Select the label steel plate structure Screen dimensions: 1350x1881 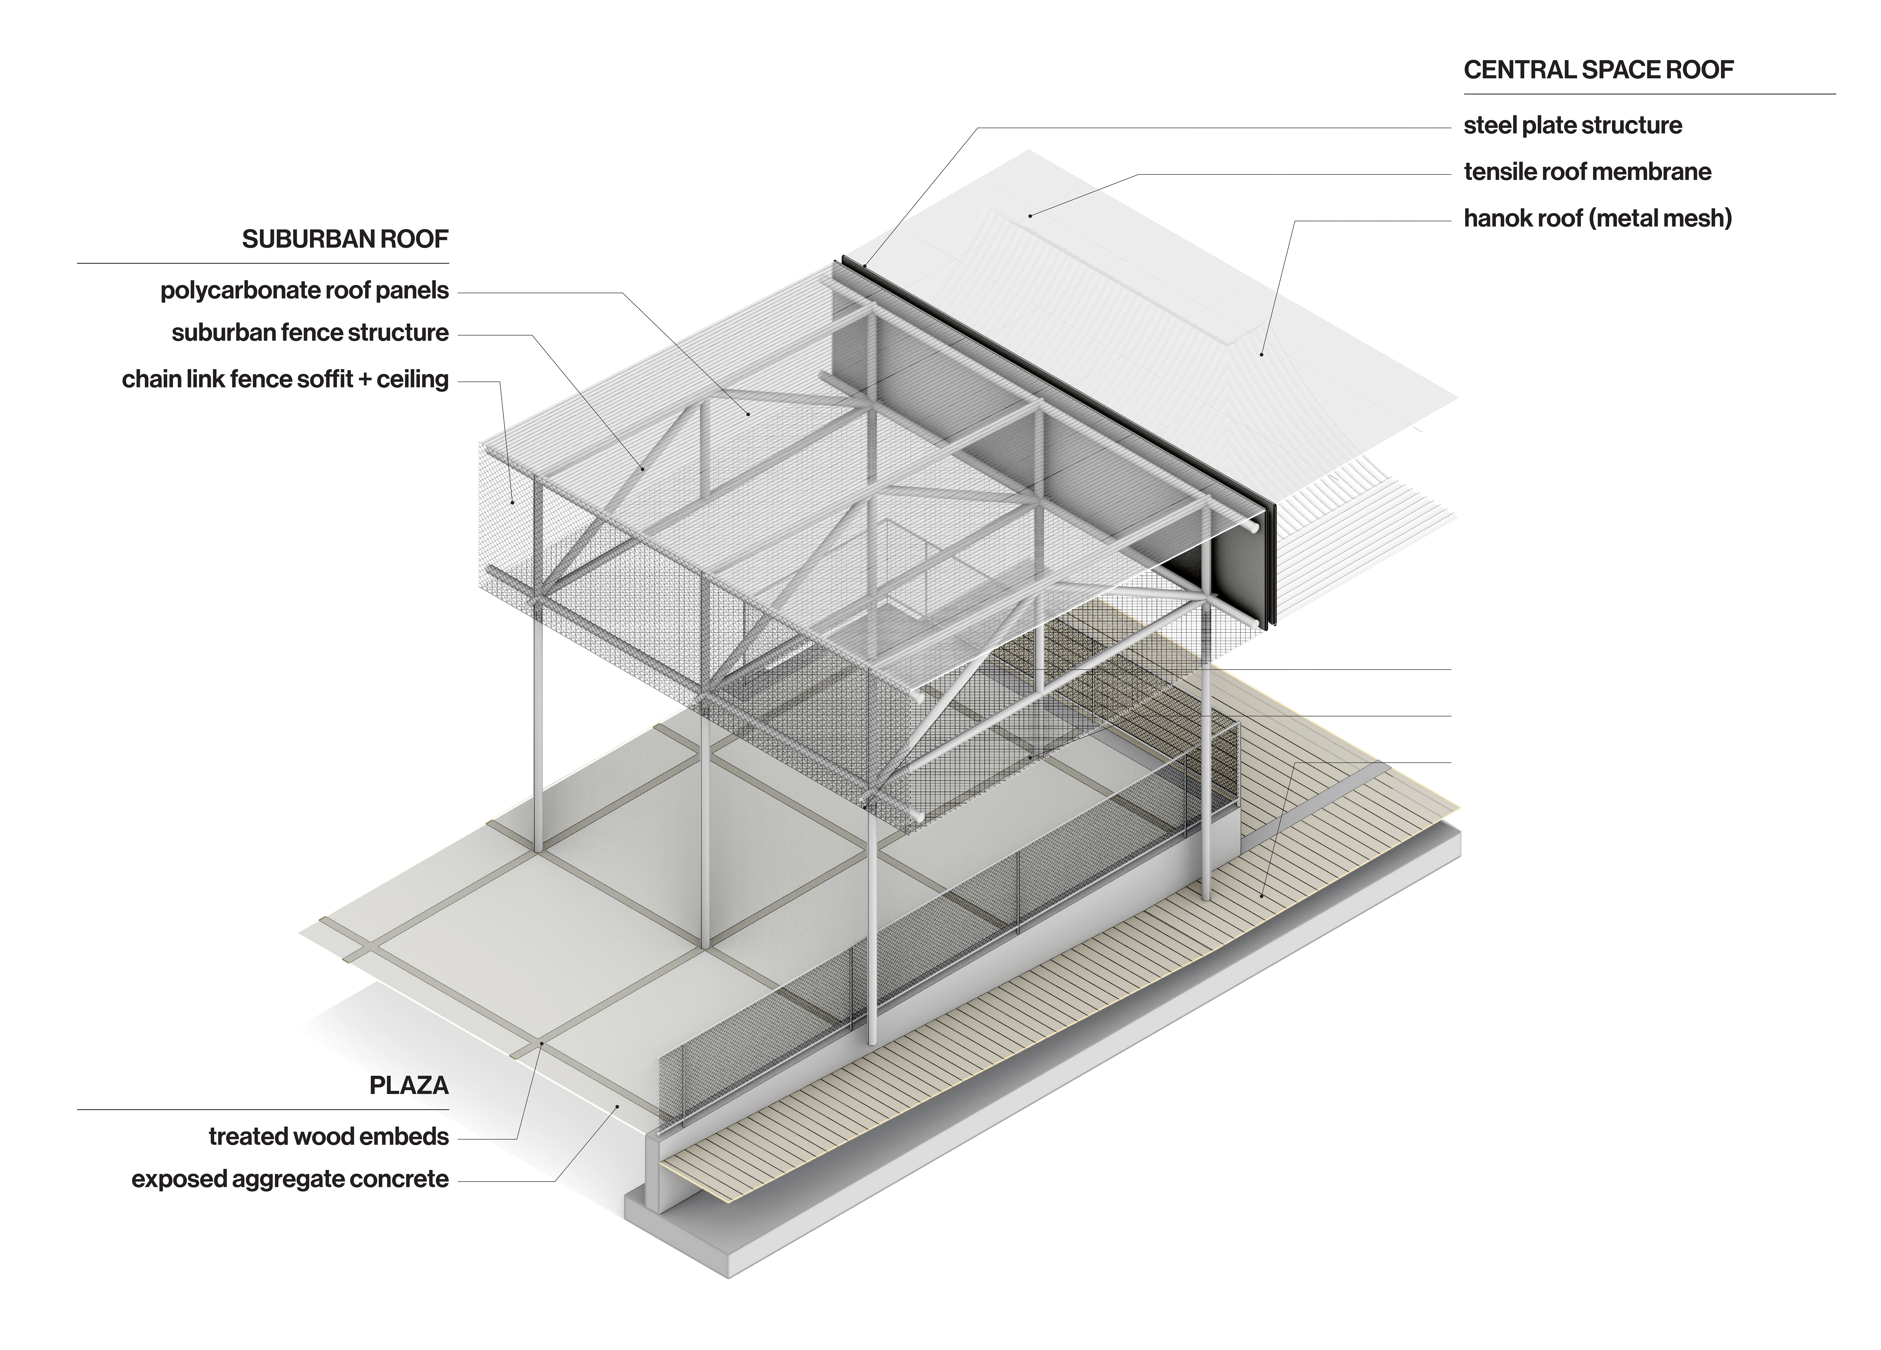(x=1573, y=125)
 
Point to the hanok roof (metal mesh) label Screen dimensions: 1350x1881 (x=1597, y=218)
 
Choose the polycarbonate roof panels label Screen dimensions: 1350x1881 (x=304, y=290)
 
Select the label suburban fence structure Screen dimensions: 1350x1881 (x=310, y=333)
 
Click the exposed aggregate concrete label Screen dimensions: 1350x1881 (x=290, y=1179)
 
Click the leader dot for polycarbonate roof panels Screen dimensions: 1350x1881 (x=748, y=413)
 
